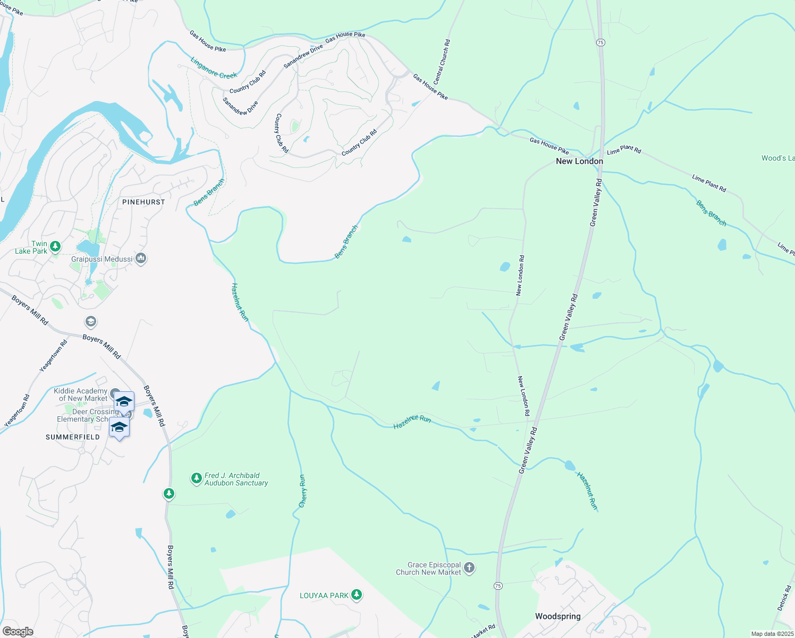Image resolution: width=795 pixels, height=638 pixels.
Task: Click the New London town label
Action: [x=579, y=161]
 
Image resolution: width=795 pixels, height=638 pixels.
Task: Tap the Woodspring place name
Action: [x=557, y=616]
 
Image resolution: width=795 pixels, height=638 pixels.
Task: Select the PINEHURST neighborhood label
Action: [x=143, y=202]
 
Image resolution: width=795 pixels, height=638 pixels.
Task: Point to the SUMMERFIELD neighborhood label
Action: [x=73, y=437]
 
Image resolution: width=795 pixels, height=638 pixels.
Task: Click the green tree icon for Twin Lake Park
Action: [x=55, y=247]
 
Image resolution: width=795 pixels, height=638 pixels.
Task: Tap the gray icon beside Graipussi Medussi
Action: [x=141, y=259]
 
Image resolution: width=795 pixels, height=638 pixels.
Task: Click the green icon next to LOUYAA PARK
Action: [x=357, y=595]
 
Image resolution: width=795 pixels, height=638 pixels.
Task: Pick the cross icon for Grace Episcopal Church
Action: [x=469, y=568]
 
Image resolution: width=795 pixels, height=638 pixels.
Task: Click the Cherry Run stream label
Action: [x=302, y=491]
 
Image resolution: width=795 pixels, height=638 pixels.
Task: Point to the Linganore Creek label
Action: [x=214, y=68]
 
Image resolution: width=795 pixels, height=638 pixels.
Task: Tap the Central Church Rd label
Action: [x=442, y=62]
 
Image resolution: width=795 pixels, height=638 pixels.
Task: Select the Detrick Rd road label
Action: [x=784, y=598]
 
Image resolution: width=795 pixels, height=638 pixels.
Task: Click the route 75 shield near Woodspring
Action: [x=497, y=585]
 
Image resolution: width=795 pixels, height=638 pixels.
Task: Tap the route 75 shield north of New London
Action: [x=600, y=42]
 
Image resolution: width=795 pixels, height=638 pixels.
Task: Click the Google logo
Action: [x=18, y=631]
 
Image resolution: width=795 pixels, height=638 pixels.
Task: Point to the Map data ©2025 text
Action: [x=772, y=634]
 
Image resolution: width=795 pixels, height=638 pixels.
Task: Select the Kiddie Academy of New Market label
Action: [x=81, y=394]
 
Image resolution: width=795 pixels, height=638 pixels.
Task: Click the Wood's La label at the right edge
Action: [x=777, y=158]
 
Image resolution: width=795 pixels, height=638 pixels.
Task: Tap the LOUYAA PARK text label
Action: [x=324, y=595]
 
